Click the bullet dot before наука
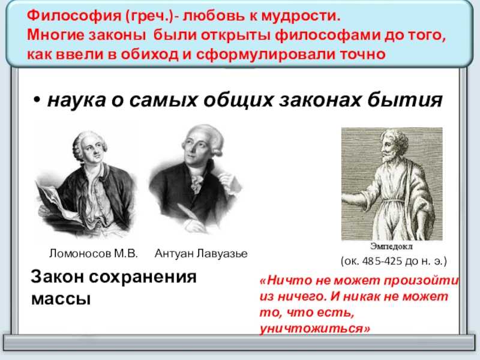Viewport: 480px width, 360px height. (x=37, y=100)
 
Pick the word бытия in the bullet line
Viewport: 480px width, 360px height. (x=404, y=100)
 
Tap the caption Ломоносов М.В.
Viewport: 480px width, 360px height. (x=94, y=253)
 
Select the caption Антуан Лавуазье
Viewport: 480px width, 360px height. (x=201, y=253)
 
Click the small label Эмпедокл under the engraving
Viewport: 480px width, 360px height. (x=391, y=246)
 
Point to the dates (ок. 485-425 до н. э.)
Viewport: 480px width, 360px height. (x=394, y=261)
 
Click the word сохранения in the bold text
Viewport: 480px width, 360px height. (x=143, y=277)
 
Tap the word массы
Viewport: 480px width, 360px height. (x=61, y=298)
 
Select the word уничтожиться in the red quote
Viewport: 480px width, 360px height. (x=314, y=329)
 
